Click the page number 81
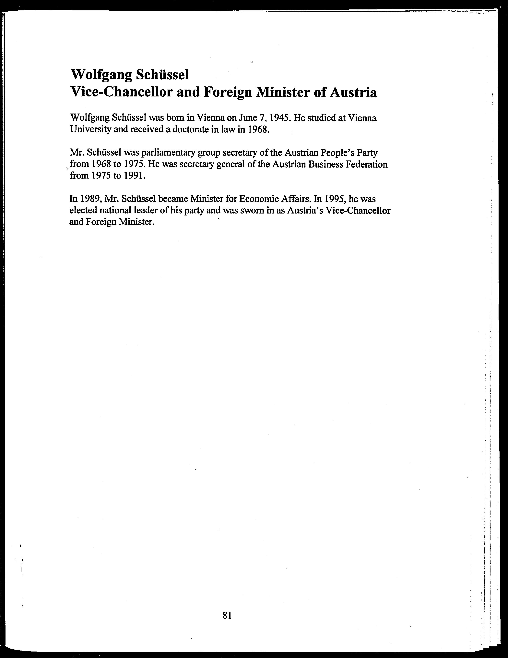(227, 615)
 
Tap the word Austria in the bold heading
(353, 93)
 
